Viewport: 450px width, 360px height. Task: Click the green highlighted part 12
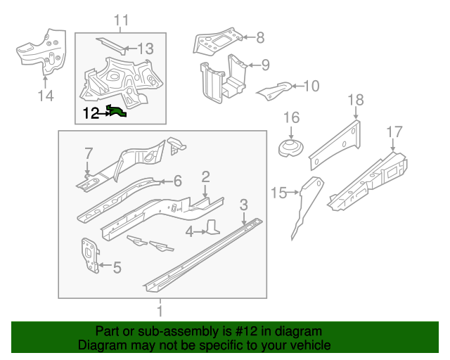pyautogui.click(x=117, y=111)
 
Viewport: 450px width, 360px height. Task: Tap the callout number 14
pyautogui.click(x=46, y=95)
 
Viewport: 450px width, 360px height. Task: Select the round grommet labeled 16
pyautogui.click(x=291, y=149)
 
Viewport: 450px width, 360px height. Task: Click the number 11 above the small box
pyautogui.click(x=122, y=21)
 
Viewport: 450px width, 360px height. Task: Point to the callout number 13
pyautogui.click(x=145, y=49)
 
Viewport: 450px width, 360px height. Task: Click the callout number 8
pyautogui.click(x=259, y=38)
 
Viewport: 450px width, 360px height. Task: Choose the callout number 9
pyautogui.click(x=264, y=65)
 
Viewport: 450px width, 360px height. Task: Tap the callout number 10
pyautogui.click(x=310, y=86)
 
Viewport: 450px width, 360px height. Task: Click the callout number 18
pyautogui.click(x=356, y=101)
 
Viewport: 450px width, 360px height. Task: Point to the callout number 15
pyautogui.click(x=280, y=193)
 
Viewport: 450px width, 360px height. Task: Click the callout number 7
pyautogui.click(x=89, y=153)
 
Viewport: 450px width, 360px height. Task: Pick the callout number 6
pyautogui.click(x=177, y=181)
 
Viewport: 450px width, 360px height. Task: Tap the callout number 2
pyautogui.click(x=205, y=176)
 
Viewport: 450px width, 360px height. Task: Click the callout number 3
pyautogui.click(x=243, y=205)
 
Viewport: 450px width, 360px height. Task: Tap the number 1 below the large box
pyautogui.click(x=160, y=310)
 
